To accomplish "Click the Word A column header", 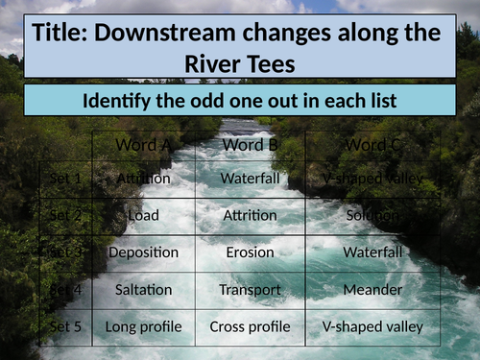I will pyautogui.click(x=143, y=145).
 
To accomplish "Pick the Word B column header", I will pyautogui.click(x=250, y=145).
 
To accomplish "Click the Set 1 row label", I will pyautogui.click(x=65, y=179).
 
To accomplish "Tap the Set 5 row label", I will pyautogui.click(x=65, y=327).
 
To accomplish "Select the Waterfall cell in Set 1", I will pyautogui.click(x=250, y=179).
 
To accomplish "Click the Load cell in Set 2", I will pyautogui.click(x=143, y=216).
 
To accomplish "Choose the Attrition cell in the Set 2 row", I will pyautogui.click(x=250, y=216).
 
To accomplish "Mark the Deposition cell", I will pyautogui.click(x=143, y=252).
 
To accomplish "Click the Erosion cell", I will pyautogui.click(x=250, y=252).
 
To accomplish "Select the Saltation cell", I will pyautogui.click(x=143, y=289).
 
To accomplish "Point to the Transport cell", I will pyautogui.click(x=250, y=289).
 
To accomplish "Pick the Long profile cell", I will pyautogui.click(x=143, y=327).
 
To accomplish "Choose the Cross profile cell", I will pyautogui.click(x=250, y=327).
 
